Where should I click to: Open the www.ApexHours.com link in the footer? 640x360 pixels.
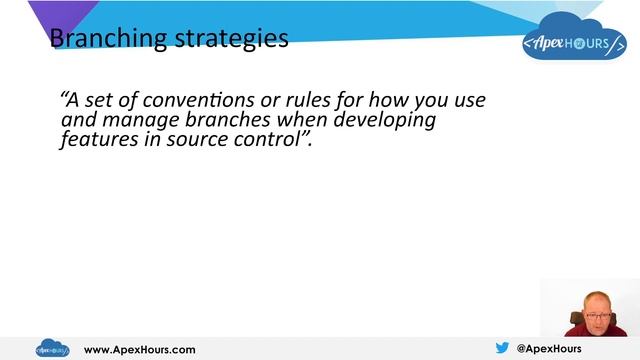pyautogui.click(x=139, y=350)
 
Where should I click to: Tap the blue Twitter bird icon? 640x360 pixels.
pyautogui.click(x=502, y=349)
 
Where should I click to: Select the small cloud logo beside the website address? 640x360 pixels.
pyautogui.click(x=52, y=349)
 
